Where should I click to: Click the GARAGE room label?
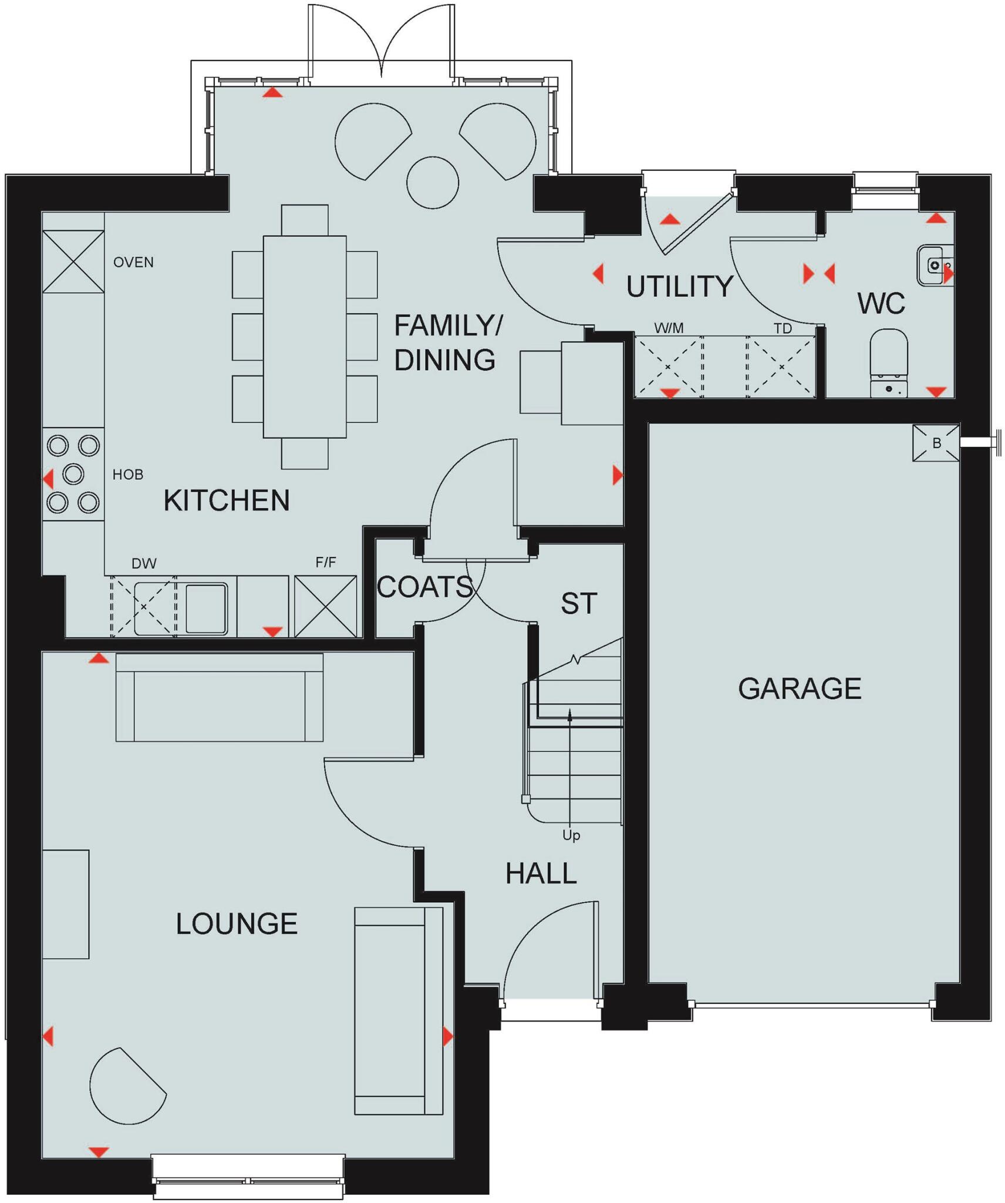pyautogui.click(x=799, y=688)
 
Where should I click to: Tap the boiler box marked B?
pyautogui.click(x=936, y=443)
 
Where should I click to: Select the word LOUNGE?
pyautogui.click(x=237, y=923)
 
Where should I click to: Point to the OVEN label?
pyautogui.click(x=133, y=262)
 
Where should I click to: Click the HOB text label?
pyautogui.click(x=128, y=474)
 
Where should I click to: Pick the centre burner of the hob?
pyautogui.click(x=73, y=473)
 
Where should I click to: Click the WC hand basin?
pyautogui.click(x=935, y=266)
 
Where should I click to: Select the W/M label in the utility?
pyautogui.click(x=669, y=328)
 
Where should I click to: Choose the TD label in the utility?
pyautogui.click(x=783, y=328)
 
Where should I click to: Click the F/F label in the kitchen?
pyautogui.click(x=326, y=562)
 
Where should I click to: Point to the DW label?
pyautogui.click(x=144, y=563)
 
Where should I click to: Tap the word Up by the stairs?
pyautogui.click(x=571, y=835)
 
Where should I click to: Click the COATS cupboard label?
pyautogui.click(x=424, y=587)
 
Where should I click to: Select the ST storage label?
pyautogui.click(x=579, y=603)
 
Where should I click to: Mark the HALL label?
pyautogui.click(x=541, y=873)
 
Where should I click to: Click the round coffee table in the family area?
pyautogui.click(x=433, y=182)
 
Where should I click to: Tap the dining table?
pyautogui.click(x=304, y=336)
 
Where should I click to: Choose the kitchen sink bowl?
pyautogui.click(x=206, y=608)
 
